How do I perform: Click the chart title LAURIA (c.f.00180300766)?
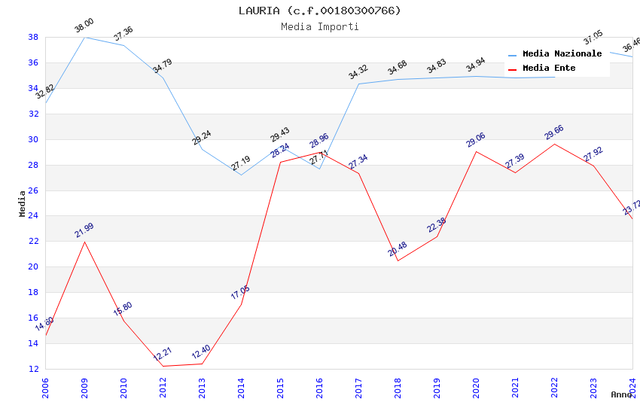[x=320, y=11]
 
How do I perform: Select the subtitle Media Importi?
[x=320, y=26]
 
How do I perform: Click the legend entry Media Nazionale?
[x=562, y=53]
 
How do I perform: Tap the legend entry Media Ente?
[x=548, y=68]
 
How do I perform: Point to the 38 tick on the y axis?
[x=33, y=37]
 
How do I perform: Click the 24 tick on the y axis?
[x=33, y=216]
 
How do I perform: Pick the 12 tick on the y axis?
[x=33, y=369]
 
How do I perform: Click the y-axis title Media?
[x=22, y=203]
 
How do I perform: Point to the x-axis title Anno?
[x=621, y=394]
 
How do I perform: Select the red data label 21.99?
[x=84, y=230]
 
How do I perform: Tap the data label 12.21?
[x=163, y=355]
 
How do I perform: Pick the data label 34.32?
[x=358, y=73]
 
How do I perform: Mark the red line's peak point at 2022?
[x=554, y=144]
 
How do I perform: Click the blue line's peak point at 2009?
[x=84, y=37]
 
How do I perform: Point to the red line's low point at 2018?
[x=398, y=260]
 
